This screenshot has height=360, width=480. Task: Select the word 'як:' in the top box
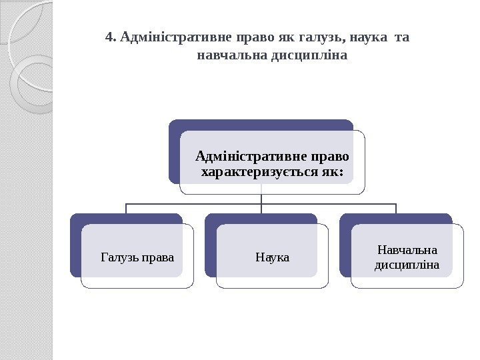click(x=333, y=173)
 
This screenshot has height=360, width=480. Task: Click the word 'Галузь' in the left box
click(x=117, y=255)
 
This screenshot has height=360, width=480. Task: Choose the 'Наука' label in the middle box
click(x=272, y=255)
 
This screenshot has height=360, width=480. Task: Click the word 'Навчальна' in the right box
click(x=407, y=251)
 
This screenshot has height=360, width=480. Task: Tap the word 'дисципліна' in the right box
click(x=407, y=265)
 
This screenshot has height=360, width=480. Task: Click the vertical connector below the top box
click(x=261, y=199)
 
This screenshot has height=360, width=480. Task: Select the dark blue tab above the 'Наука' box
click(x=261, y=219)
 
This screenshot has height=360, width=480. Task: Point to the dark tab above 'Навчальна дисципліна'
click(x=396, y=219)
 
